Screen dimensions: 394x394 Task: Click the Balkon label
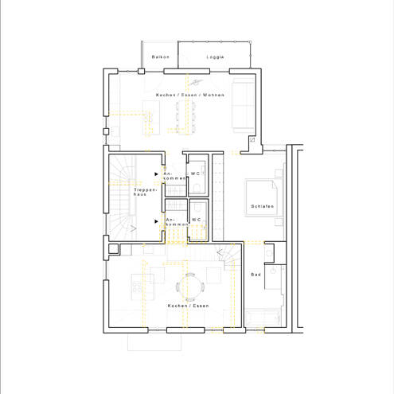[x=161, y=57]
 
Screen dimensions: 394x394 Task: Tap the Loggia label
[x=215, y=57]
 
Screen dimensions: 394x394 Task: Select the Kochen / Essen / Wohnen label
[x=190, y=95]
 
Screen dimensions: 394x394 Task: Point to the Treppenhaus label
[x=145, y=192]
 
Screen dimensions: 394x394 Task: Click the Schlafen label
[x=262, y=206]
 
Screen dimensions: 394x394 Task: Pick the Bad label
[x=256, y=275]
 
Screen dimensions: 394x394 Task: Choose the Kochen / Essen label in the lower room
[x=188, y=306]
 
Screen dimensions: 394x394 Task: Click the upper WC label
[x=195, y=174]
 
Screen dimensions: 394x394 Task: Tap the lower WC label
[x=196, y=220]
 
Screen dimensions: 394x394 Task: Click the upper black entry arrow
[x=156, y=174]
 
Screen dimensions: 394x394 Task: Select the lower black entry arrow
[x=156, y=221]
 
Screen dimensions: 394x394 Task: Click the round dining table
[x=189, y=287]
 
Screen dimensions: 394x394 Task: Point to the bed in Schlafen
[x=261, y=198]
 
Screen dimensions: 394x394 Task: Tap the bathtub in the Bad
[x=263, y=318]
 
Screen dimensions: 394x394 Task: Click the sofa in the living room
[x=244, y=105]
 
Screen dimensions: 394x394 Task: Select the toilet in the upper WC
[x=197, y=188]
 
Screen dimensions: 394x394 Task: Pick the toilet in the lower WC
[x=197, y=208]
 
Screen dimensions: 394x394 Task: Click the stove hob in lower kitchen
[x=137, y=287]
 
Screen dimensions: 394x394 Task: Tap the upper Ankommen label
[x=174, y=176]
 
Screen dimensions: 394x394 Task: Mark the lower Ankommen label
[x=177, y=222]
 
